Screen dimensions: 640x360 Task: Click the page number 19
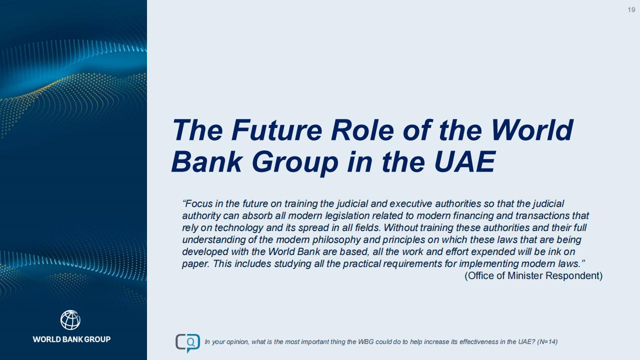coord(631,10)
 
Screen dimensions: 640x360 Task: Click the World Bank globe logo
coord(70,320)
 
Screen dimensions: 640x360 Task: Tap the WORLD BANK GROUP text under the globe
coord(71,339)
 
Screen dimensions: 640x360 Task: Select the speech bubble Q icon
coord(187,343)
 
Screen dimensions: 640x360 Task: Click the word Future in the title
coord(276,130)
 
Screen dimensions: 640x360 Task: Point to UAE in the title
coord(464,161)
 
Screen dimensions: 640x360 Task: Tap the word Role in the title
coord(363,130)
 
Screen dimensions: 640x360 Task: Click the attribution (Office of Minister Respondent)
coord(533,275)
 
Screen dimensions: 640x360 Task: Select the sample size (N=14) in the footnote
coord(547,341)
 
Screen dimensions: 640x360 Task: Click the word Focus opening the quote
coord(197,203)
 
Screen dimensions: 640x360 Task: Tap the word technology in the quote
coord(238,227)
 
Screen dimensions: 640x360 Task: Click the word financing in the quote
coord(474,215)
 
